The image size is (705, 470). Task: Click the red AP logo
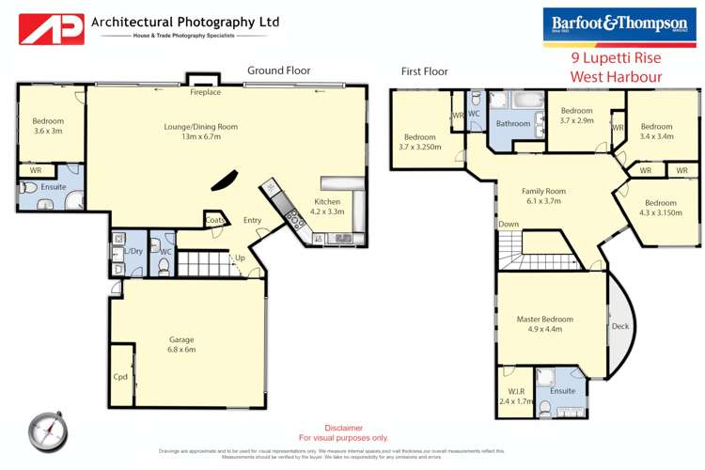(52, 28)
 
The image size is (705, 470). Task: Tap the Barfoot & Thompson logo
(620, 23)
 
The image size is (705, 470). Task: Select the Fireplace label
(205, 93)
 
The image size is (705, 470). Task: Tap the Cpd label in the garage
(120, 377)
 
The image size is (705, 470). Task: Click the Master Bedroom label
(544, 324)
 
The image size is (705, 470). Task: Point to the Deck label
(619, 327)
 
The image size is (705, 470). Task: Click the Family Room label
(542, 196)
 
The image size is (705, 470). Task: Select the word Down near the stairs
(509, 224)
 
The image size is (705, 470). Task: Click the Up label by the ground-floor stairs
(241, 257)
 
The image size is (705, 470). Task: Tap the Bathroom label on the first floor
(513, 123)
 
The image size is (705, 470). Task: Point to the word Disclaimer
(343, 428)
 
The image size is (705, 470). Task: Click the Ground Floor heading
(280, 70)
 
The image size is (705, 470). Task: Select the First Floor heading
(424, 70)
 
